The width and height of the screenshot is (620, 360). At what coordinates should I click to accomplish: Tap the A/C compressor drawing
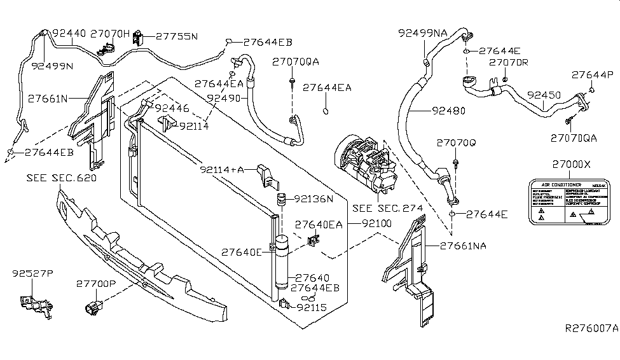pyautogui.click(x=362, y=167)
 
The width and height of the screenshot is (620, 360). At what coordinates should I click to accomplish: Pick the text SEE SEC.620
pyautogui.click(x=62, y=178)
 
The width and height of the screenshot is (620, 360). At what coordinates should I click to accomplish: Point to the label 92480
pyautogui.click(x=448, y=110)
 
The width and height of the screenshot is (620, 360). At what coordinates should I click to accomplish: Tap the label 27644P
pyautogui.click(x=592, y=74)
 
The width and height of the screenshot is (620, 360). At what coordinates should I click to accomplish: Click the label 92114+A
pyautogui.click(x=222, y=170)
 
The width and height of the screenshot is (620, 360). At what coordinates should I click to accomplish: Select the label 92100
pyautogui.click(x=376, y=224)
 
